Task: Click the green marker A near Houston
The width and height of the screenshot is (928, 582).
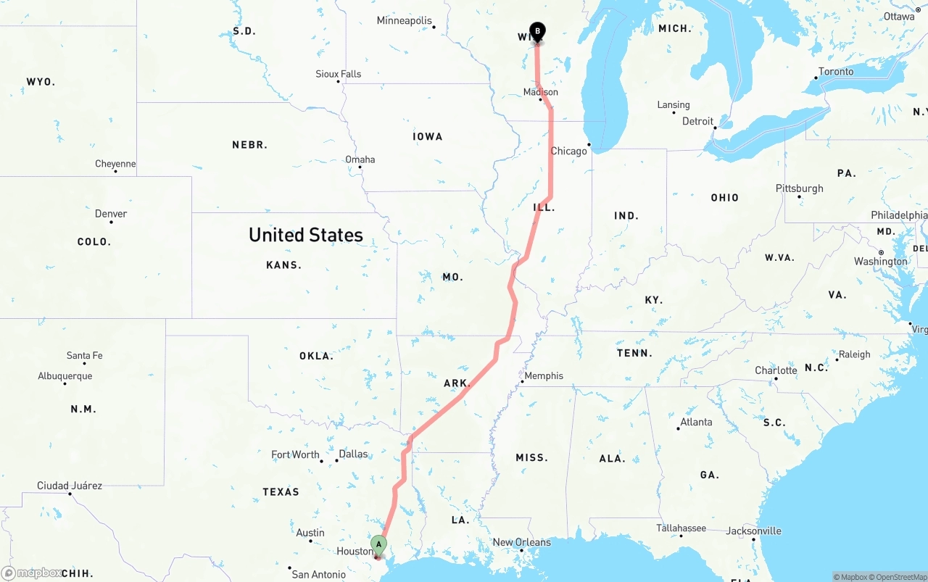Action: tap(378, 544)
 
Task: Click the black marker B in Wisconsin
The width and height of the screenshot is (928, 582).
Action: tap(537, 31)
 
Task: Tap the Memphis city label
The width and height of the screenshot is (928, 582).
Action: tap(544, 375)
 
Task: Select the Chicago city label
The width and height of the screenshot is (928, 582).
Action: tap(568, 151)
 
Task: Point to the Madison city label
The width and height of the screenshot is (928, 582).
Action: tap(541, 92)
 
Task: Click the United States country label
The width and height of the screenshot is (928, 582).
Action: tap(306, 235)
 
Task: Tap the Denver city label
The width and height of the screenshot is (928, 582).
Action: tap(111, 214)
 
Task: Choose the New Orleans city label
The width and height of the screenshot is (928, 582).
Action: tap(521, 542)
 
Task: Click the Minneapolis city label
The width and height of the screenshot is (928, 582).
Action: tap(404, 20)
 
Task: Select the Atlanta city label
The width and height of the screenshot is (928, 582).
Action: tap(696, 422)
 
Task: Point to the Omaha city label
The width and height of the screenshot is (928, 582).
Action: tap(360, 159)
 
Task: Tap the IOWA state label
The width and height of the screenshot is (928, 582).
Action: tap(428, 136)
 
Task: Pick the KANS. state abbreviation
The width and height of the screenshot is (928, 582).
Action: tap(283, 265)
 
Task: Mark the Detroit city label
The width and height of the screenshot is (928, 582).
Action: tap(697, 121)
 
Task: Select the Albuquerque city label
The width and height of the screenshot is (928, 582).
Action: tap(65, 376)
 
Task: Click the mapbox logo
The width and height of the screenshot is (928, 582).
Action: tap(32, 573)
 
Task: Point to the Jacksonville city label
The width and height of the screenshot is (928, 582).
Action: tap(754, 531)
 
